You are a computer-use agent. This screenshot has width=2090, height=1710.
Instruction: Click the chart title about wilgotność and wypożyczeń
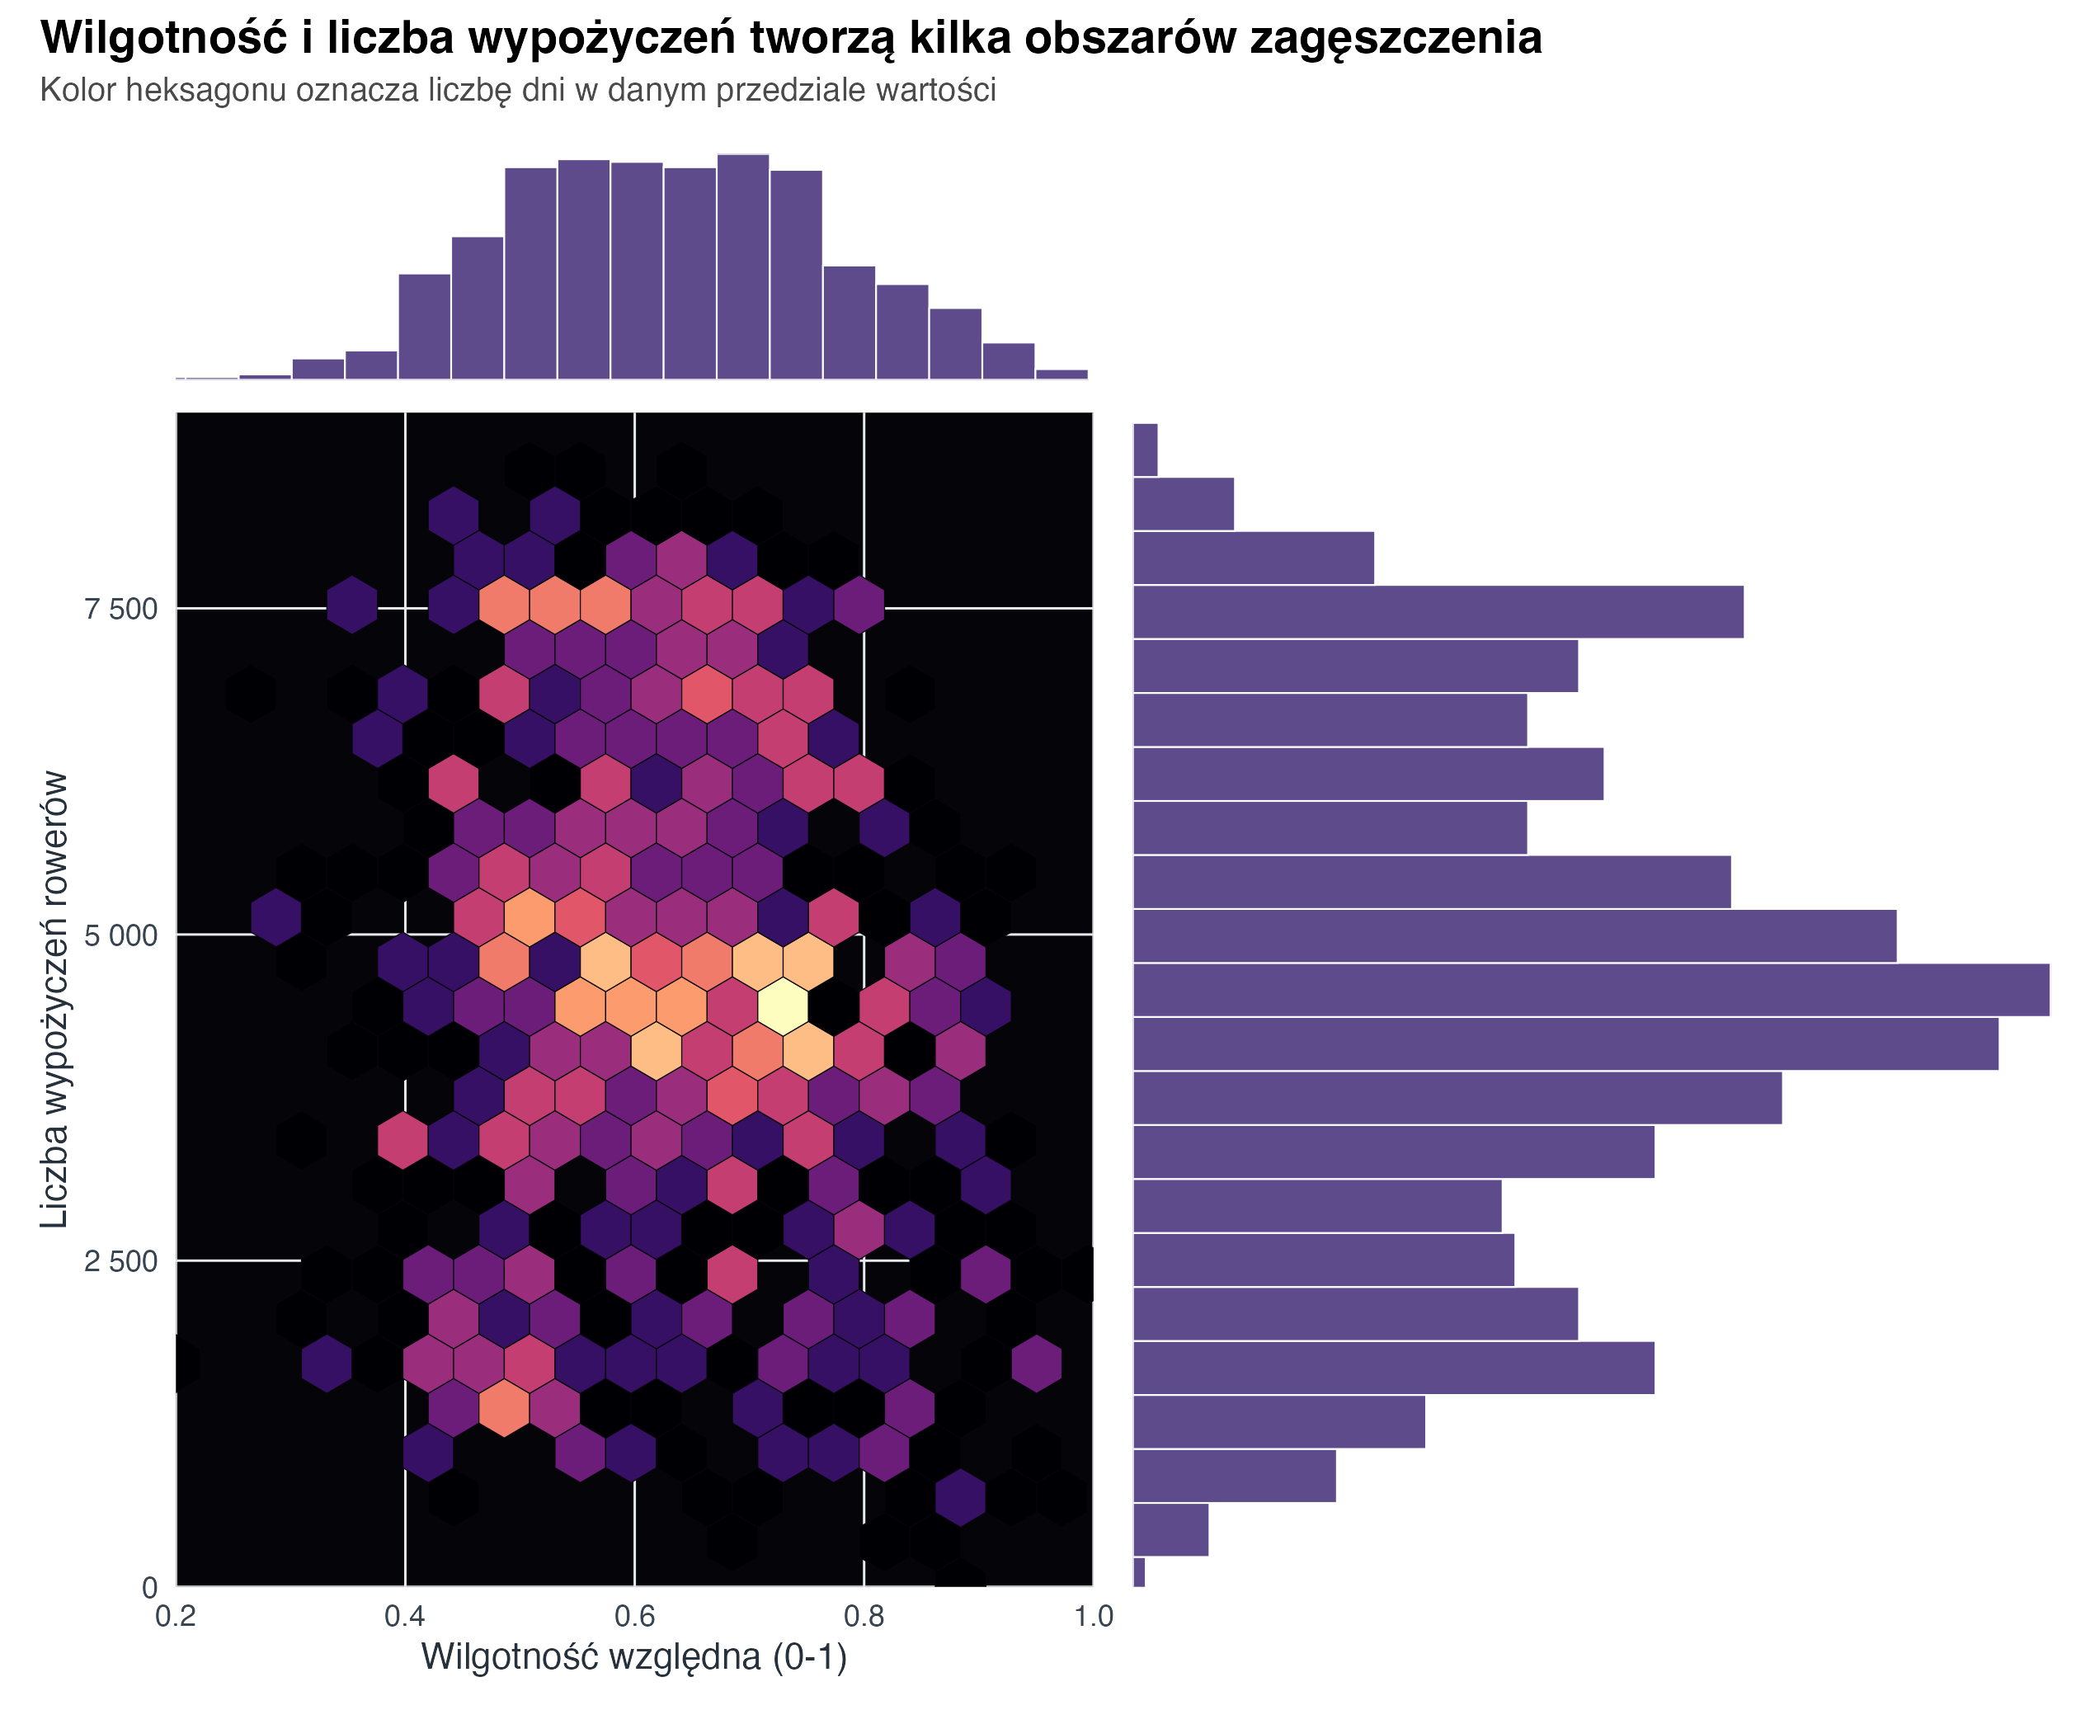(x=790, y=40)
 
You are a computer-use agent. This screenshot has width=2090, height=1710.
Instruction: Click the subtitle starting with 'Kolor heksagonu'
(x=518, y=91)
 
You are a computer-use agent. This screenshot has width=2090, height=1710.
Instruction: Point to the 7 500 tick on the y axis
(x=121, y=610)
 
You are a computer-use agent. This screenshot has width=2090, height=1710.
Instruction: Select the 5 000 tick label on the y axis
(x=121, y=935)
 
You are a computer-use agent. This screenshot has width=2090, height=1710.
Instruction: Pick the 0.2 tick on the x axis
(x=177, y=1617)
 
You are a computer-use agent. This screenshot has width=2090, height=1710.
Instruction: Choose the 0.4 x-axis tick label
(x=405, y=1617)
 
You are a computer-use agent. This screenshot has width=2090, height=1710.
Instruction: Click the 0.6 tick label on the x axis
(x=634, y=1617)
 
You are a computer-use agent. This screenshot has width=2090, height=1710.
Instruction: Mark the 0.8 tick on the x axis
(x=864, y=1617)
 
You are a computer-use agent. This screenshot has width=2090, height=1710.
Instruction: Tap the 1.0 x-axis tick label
(x=1091, y=1617)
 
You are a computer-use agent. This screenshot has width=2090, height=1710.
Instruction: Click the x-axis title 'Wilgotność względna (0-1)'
(x=634, y=1658)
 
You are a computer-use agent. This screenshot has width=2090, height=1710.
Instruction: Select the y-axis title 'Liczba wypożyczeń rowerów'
(x=55, y=999)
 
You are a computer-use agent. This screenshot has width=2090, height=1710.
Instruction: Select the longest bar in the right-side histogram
(x=1591, y=990)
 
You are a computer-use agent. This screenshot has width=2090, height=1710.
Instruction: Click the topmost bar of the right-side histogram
(x=1145, y=450)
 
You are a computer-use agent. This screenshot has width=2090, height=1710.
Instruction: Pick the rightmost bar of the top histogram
(x=1061, y=375)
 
